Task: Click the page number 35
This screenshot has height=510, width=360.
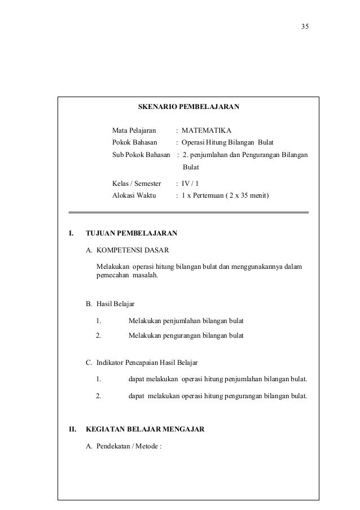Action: (305, 27)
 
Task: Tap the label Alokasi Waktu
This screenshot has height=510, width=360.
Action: (134, 196)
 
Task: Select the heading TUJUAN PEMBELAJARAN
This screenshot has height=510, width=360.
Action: (131, 233)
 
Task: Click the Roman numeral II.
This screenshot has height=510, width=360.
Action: (72, 429)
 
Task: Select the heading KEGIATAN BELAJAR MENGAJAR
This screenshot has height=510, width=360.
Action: (144, 429)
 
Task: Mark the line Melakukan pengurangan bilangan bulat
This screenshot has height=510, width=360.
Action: (186, 335)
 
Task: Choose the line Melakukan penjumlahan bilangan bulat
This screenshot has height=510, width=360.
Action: (186, 321)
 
